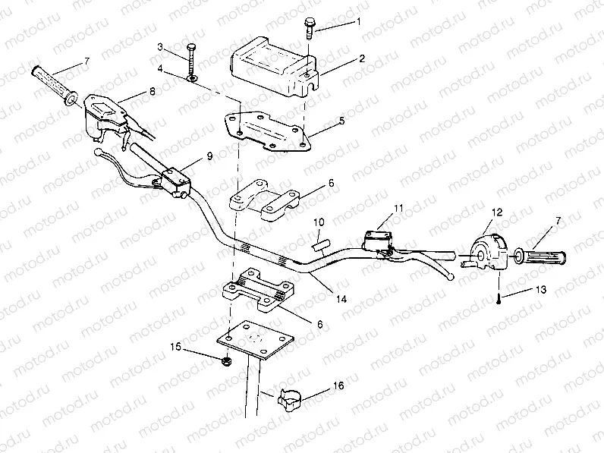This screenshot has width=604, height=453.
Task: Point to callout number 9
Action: [209, 156]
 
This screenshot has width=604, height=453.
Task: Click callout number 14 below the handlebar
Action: [341, 300]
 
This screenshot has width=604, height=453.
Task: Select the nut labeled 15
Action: [227, 360]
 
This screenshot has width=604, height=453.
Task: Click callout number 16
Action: [338, 386]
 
